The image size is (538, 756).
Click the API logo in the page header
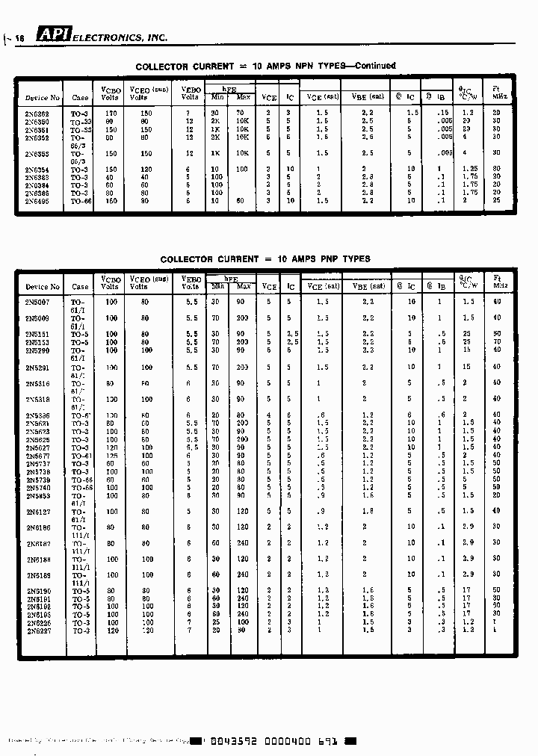(x=55, y=36)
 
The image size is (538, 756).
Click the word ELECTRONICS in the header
(x=107, y=37)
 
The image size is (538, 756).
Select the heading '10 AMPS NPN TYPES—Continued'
(x=324, y=66)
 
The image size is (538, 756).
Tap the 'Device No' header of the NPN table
(x=43, y=98)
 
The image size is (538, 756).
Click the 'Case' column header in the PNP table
(x=80, y=287)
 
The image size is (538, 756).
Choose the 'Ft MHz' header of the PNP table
(x=496, y=282)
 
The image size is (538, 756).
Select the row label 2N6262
(x=37, y=113)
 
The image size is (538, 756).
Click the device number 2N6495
(x=37, y=201)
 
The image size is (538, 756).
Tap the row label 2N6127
(x=37, y=512)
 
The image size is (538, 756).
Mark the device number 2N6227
(x=37, y=630)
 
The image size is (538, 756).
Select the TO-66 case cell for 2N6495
(x=80, y=201)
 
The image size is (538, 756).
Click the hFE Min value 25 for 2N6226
(x=216, y=622)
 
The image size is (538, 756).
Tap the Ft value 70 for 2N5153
(x=496, y=342)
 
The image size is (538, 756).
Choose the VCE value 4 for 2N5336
(x=268, y=415)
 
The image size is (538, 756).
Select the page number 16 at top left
(x=20, y=38)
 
